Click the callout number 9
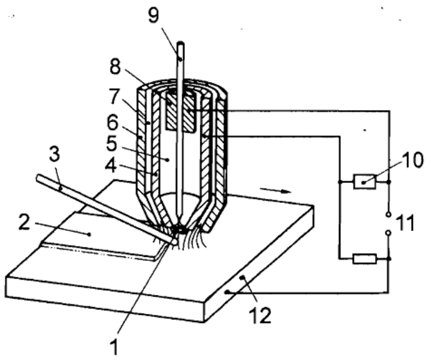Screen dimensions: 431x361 153,15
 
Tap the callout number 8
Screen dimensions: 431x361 115,66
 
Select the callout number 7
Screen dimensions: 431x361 115,97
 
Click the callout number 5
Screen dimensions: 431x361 112,143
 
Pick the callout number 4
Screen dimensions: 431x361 111,165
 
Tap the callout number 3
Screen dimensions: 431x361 55,154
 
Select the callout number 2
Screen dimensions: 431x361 24,222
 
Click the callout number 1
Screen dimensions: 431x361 113,347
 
